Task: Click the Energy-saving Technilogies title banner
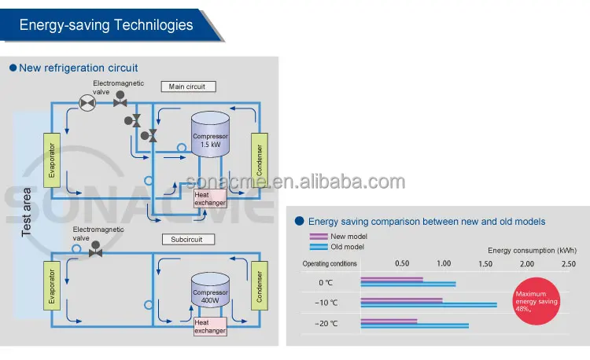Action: point(106,24)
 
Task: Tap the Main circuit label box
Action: point(188,86)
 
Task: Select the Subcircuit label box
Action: point(188,239)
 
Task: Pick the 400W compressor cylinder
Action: point(210,292)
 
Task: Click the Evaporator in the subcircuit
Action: point(51,289)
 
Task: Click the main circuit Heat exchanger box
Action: point(210,198)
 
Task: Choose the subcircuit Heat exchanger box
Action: point(210,326)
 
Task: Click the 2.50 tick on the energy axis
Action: point(569,264)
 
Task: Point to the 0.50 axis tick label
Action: point(402,264)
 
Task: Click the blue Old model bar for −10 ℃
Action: point(429,305)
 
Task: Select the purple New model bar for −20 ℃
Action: point(389,320)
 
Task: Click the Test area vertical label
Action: point(26,212)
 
